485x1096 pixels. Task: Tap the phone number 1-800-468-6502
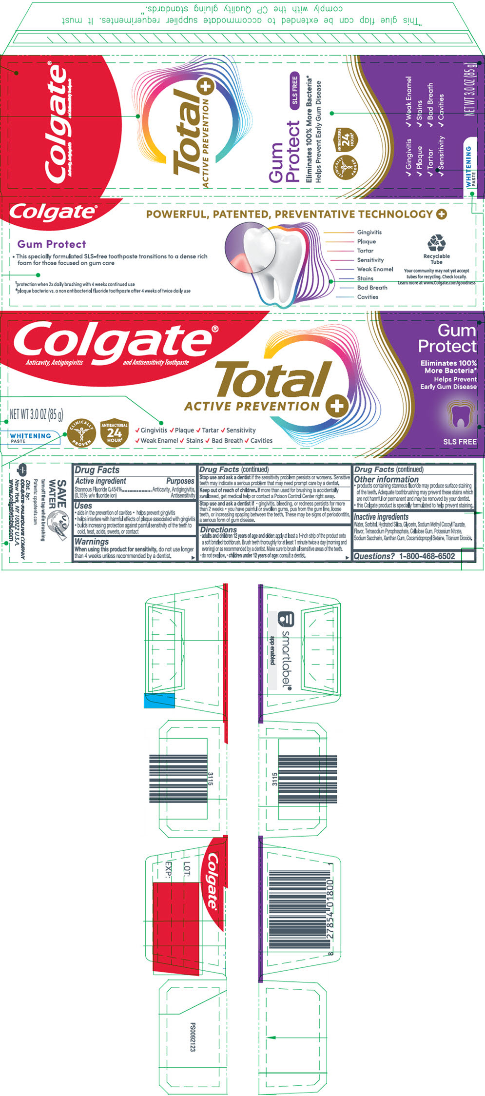[427, 556]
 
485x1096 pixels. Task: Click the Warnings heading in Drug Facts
[92, 542]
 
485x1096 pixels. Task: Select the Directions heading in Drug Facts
[218, 529]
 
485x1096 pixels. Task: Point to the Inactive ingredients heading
[381, 517]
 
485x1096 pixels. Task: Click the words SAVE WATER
[58, 494]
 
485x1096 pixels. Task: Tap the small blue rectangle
[159, 700]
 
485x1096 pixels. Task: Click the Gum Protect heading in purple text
[52, 244]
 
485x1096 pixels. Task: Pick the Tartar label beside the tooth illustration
[365, 251]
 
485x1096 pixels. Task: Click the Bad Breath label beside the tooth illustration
[372, 288]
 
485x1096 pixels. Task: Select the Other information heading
[386, 479]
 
